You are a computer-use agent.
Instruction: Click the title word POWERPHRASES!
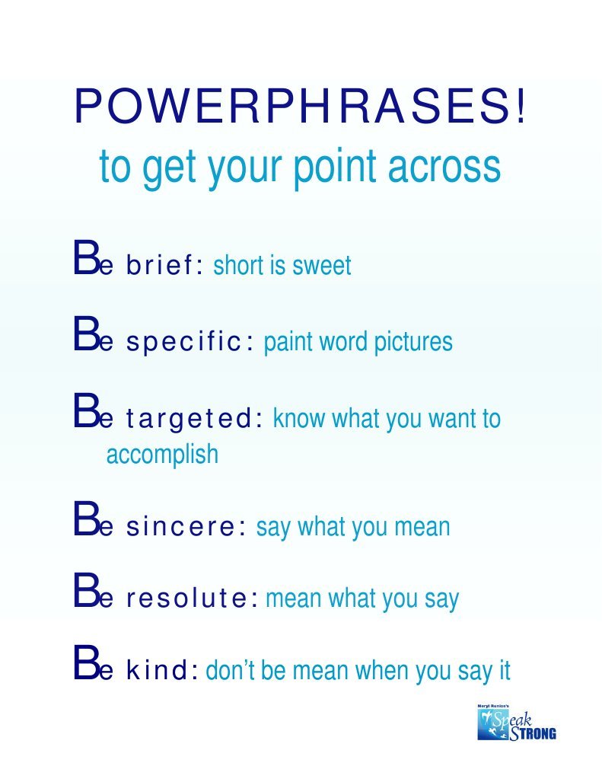[x=300, y=107]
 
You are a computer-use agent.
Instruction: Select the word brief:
[x=164, y=266]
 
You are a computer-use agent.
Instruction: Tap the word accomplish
[x=161, y=455]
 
